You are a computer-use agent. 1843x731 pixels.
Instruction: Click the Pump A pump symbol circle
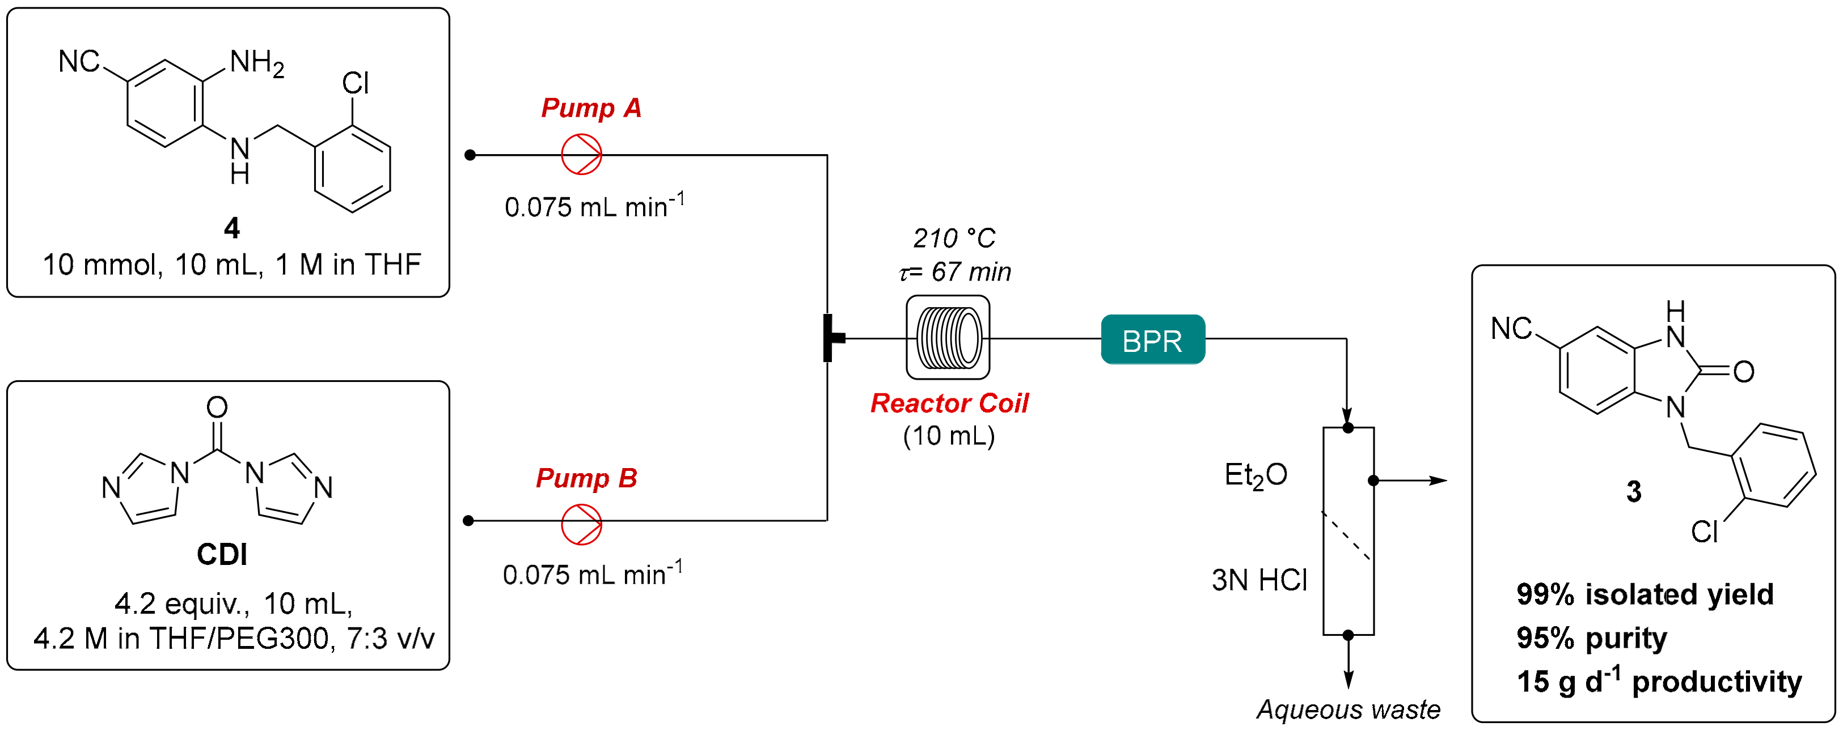tap(581, 155)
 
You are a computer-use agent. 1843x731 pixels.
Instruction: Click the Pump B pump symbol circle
tap(581, 524)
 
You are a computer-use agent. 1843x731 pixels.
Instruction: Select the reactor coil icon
tap(948, 338)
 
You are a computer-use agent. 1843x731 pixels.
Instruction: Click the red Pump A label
tap(591, 108)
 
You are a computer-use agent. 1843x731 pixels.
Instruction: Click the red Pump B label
tap(586, 478)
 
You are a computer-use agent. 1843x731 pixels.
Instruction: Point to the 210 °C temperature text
tap(954, 238)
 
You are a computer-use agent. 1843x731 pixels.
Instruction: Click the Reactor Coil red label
tap(949, 403)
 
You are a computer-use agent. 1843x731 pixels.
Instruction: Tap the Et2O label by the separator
tap(1256, 475)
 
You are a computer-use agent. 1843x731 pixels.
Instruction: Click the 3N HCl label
tap(1259, 580)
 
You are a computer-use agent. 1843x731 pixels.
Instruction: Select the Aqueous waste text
tap(1348, 709)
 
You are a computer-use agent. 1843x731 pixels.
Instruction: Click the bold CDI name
tap(222, 554)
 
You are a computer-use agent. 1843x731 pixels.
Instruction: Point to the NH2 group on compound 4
tap(256, 63)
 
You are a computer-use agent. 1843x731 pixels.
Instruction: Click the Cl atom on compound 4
tap(356, 84)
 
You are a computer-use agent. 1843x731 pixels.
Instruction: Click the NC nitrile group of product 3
tap(1511, 329)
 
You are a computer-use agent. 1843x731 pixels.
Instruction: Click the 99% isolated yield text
tap(1644, 594)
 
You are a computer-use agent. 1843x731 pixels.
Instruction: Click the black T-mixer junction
tap(831, 338)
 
